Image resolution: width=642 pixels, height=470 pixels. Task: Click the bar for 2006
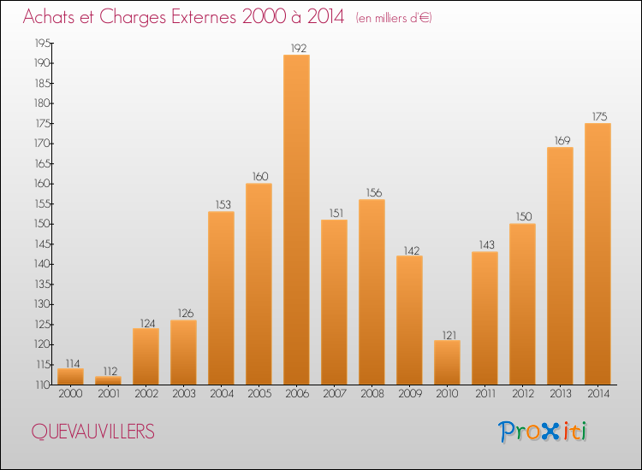click(x=296, y=220)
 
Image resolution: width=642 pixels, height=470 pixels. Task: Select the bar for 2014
click(x=597, y=254)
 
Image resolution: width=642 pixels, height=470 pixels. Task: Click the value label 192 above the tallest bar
click(x=296, y=49)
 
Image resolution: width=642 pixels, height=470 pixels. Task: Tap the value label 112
click(x=108, y=370)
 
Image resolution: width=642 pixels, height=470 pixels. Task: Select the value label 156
click(x=372, y=193)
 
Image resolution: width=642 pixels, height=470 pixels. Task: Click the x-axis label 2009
click(x=409, y=394)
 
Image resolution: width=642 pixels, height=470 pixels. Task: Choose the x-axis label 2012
click(x=522, y=394)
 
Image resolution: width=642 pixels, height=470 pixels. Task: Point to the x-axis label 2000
click(x=70, y=394)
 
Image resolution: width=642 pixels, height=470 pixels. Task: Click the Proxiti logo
click(x=543, y=432)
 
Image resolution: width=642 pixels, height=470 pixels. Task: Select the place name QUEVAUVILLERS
click(x=92, y=432)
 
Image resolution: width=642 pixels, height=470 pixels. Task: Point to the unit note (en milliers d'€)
click(x=393, y=18)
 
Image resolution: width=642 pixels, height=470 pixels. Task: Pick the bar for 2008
click(x=372, y=292)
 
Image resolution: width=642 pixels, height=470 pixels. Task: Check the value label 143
click(x=484, y=245)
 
